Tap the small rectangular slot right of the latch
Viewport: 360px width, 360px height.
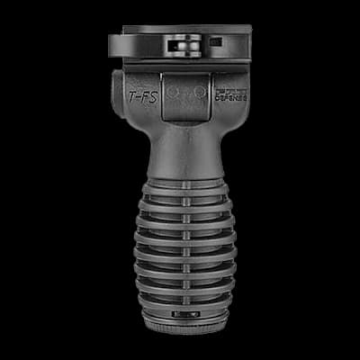[x=215, y=41]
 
